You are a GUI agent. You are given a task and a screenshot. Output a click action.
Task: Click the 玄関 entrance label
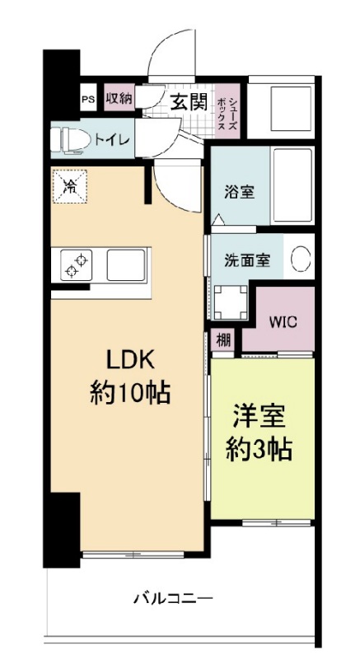click(x=188, y=102)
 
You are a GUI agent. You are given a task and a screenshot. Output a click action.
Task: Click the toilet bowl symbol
click(x=69, y=140)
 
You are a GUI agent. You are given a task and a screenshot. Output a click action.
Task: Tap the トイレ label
click(x=112, y=139)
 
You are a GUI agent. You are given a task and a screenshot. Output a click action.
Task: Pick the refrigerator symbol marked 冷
click(x=70, y=185)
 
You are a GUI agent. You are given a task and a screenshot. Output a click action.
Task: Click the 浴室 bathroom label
click(x=240, y=193)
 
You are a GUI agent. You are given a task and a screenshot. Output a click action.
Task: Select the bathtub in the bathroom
click(x=292, y=186)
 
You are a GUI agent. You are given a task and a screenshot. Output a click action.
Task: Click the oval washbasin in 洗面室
click(x=302, y=259)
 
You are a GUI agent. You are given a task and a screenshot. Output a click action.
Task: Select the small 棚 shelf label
click(x=223, y=339)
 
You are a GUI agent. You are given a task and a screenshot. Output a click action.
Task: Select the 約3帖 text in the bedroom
click(x=259, y=448)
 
